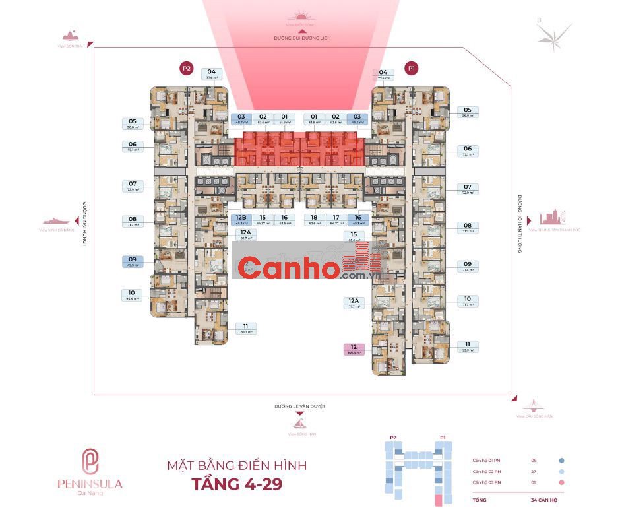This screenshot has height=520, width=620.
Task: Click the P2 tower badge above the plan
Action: [x=187, y=68]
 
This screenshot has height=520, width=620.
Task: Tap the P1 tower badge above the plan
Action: [x=412, y=68]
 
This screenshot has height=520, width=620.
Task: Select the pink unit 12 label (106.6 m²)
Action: [x=354, y=350]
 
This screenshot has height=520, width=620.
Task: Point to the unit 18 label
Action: [x=314, y=220]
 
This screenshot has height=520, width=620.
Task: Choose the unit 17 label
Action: [x=336, y=220]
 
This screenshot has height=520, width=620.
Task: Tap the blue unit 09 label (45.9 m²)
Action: [x=133, y=261]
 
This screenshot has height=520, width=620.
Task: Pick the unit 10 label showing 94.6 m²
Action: [x=133, y=295]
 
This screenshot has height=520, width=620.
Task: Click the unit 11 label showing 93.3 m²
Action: [x=467, y=347]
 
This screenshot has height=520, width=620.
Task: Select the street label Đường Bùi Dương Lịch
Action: [x=302, y=38]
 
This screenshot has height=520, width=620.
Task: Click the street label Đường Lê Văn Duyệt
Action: [x=300, y=406]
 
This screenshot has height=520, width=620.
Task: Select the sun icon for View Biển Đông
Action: [x=302, y=16]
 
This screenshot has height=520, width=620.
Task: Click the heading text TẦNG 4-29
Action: [x=237, y=484]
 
